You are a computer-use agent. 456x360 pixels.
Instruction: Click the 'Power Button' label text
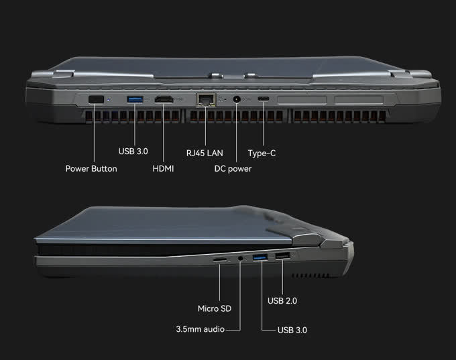tap(91, 168)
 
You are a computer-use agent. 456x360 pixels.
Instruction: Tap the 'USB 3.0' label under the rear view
tap(133, 152)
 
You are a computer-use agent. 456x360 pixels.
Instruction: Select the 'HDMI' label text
tap(163, 168)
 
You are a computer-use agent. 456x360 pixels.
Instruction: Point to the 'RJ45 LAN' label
tap(205, 153)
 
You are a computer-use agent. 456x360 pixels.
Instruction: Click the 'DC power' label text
tap(233, 168)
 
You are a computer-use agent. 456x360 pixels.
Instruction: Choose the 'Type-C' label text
tap(262, 153)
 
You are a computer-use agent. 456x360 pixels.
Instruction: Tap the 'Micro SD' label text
tap(215, 308)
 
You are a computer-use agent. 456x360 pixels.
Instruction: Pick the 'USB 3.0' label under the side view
tap(292, 330)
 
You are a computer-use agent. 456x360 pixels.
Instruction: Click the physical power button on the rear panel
tap(95, 100)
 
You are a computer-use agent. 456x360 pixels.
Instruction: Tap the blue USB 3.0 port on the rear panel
tap(135, 100)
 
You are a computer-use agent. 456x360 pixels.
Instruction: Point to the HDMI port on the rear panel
tap(163, 101)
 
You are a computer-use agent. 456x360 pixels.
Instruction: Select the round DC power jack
tap(237, 100)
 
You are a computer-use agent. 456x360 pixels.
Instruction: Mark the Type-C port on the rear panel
tap(264, 101)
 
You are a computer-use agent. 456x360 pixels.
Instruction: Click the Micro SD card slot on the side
tap(219, 258)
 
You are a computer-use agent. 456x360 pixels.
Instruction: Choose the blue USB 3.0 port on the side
tap(261, 258)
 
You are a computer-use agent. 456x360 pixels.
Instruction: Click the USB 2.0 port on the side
tap(282, 257)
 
